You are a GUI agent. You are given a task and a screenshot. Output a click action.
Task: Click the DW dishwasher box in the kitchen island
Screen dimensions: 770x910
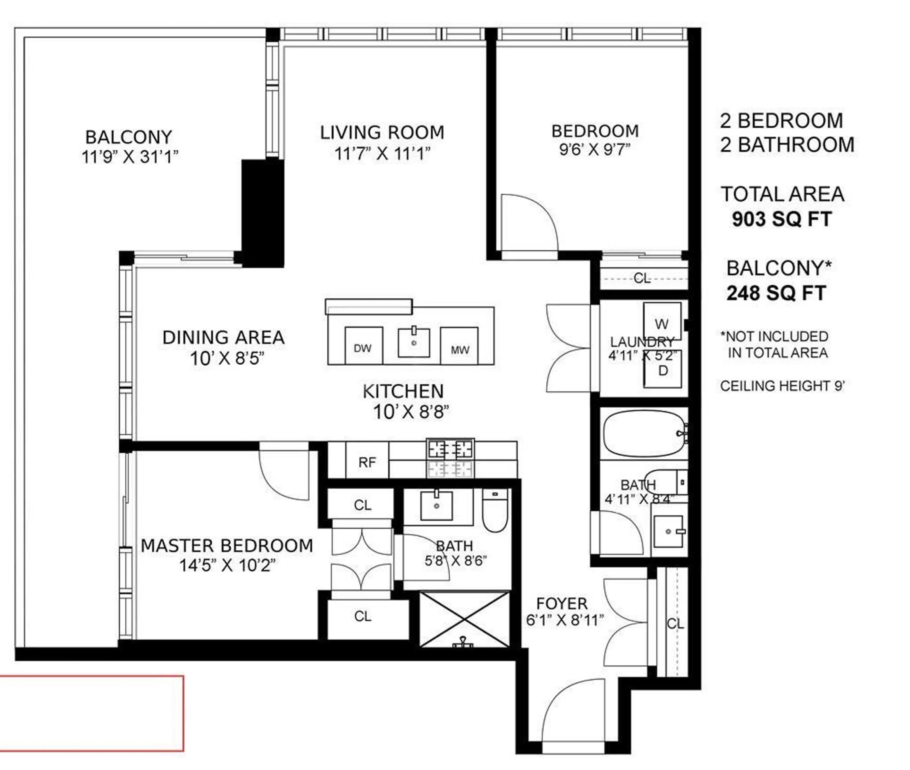point(364,346)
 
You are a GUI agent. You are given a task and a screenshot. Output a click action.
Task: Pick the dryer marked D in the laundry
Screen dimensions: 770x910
point(663,370)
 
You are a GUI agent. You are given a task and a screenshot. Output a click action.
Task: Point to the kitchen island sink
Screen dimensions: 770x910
point(413,343)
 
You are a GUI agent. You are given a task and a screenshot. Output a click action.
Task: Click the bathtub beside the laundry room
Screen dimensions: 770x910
point(643,434)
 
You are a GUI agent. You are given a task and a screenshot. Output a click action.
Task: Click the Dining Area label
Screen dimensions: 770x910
point(223,337)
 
